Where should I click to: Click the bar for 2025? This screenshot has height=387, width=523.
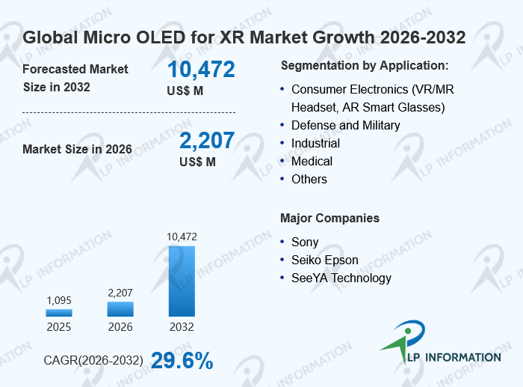pyautogui.click(x=59, y=312)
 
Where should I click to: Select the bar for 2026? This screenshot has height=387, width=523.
pyautogui.click(x=120, y=309)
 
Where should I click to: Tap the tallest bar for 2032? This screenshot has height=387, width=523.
pyautogui.click(x=182, y=281)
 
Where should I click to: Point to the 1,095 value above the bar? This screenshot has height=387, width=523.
pyautogui.click(x=59, y=300)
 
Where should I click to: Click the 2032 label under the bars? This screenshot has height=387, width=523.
pyautogui.click(x=182, y=327)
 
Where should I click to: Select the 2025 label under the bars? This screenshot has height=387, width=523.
pyautogui.click(x=59, y=327)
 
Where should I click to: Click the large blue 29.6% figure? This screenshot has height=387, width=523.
pyautogui.click(x=182, y=361)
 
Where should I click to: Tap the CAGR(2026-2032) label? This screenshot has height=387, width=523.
pyautogui.click(x=93, y=360)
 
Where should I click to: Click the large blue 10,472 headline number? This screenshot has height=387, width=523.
pyautogui.click(x=201, y=70)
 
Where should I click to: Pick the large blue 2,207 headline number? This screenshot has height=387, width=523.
pyautogui.click(x=207, y=141)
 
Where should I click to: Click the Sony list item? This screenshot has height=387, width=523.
pyautogui.click(x=305, y=242)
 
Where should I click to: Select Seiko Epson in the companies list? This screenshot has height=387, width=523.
pyautogui.click(x=325, y=260)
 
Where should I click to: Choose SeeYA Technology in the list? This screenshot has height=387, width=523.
pyautogui.click(x=341, y=278)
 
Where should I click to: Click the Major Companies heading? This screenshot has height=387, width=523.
pyautogui.click(x=330, y=219)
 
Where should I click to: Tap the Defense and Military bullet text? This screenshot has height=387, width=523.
pyautogui.click(x=345, y=125)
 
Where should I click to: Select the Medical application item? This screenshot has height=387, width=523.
pyautogui.click(x=312, y=161)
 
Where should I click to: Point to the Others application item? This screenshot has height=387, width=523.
pyautogui.click(x=309, y=179)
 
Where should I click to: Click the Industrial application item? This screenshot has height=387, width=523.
pyautogui.click(x=315, y=144)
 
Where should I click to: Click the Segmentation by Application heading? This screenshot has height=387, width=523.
pyautogui.click(x=365, y=66)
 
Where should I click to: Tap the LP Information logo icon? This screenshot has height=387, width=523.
pyautogui.click(x=403, y=341)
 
